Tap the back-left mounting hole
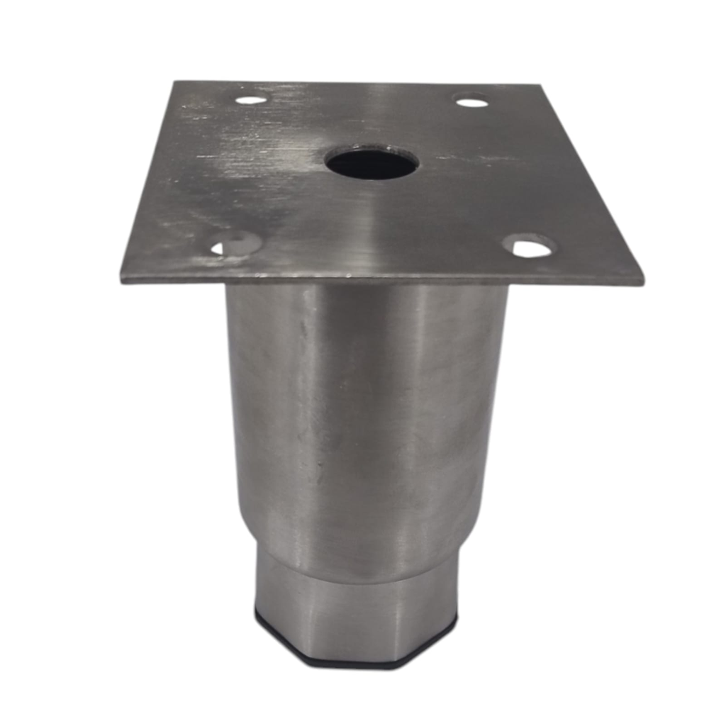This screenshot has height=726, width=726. coord(251,99)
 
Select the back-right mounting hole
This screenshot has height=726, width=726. coord(471,102)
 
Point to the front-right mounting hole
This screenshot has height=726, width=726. coord(529,247)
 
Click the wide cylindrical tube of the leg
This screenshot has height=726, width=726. coord(365,411)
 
